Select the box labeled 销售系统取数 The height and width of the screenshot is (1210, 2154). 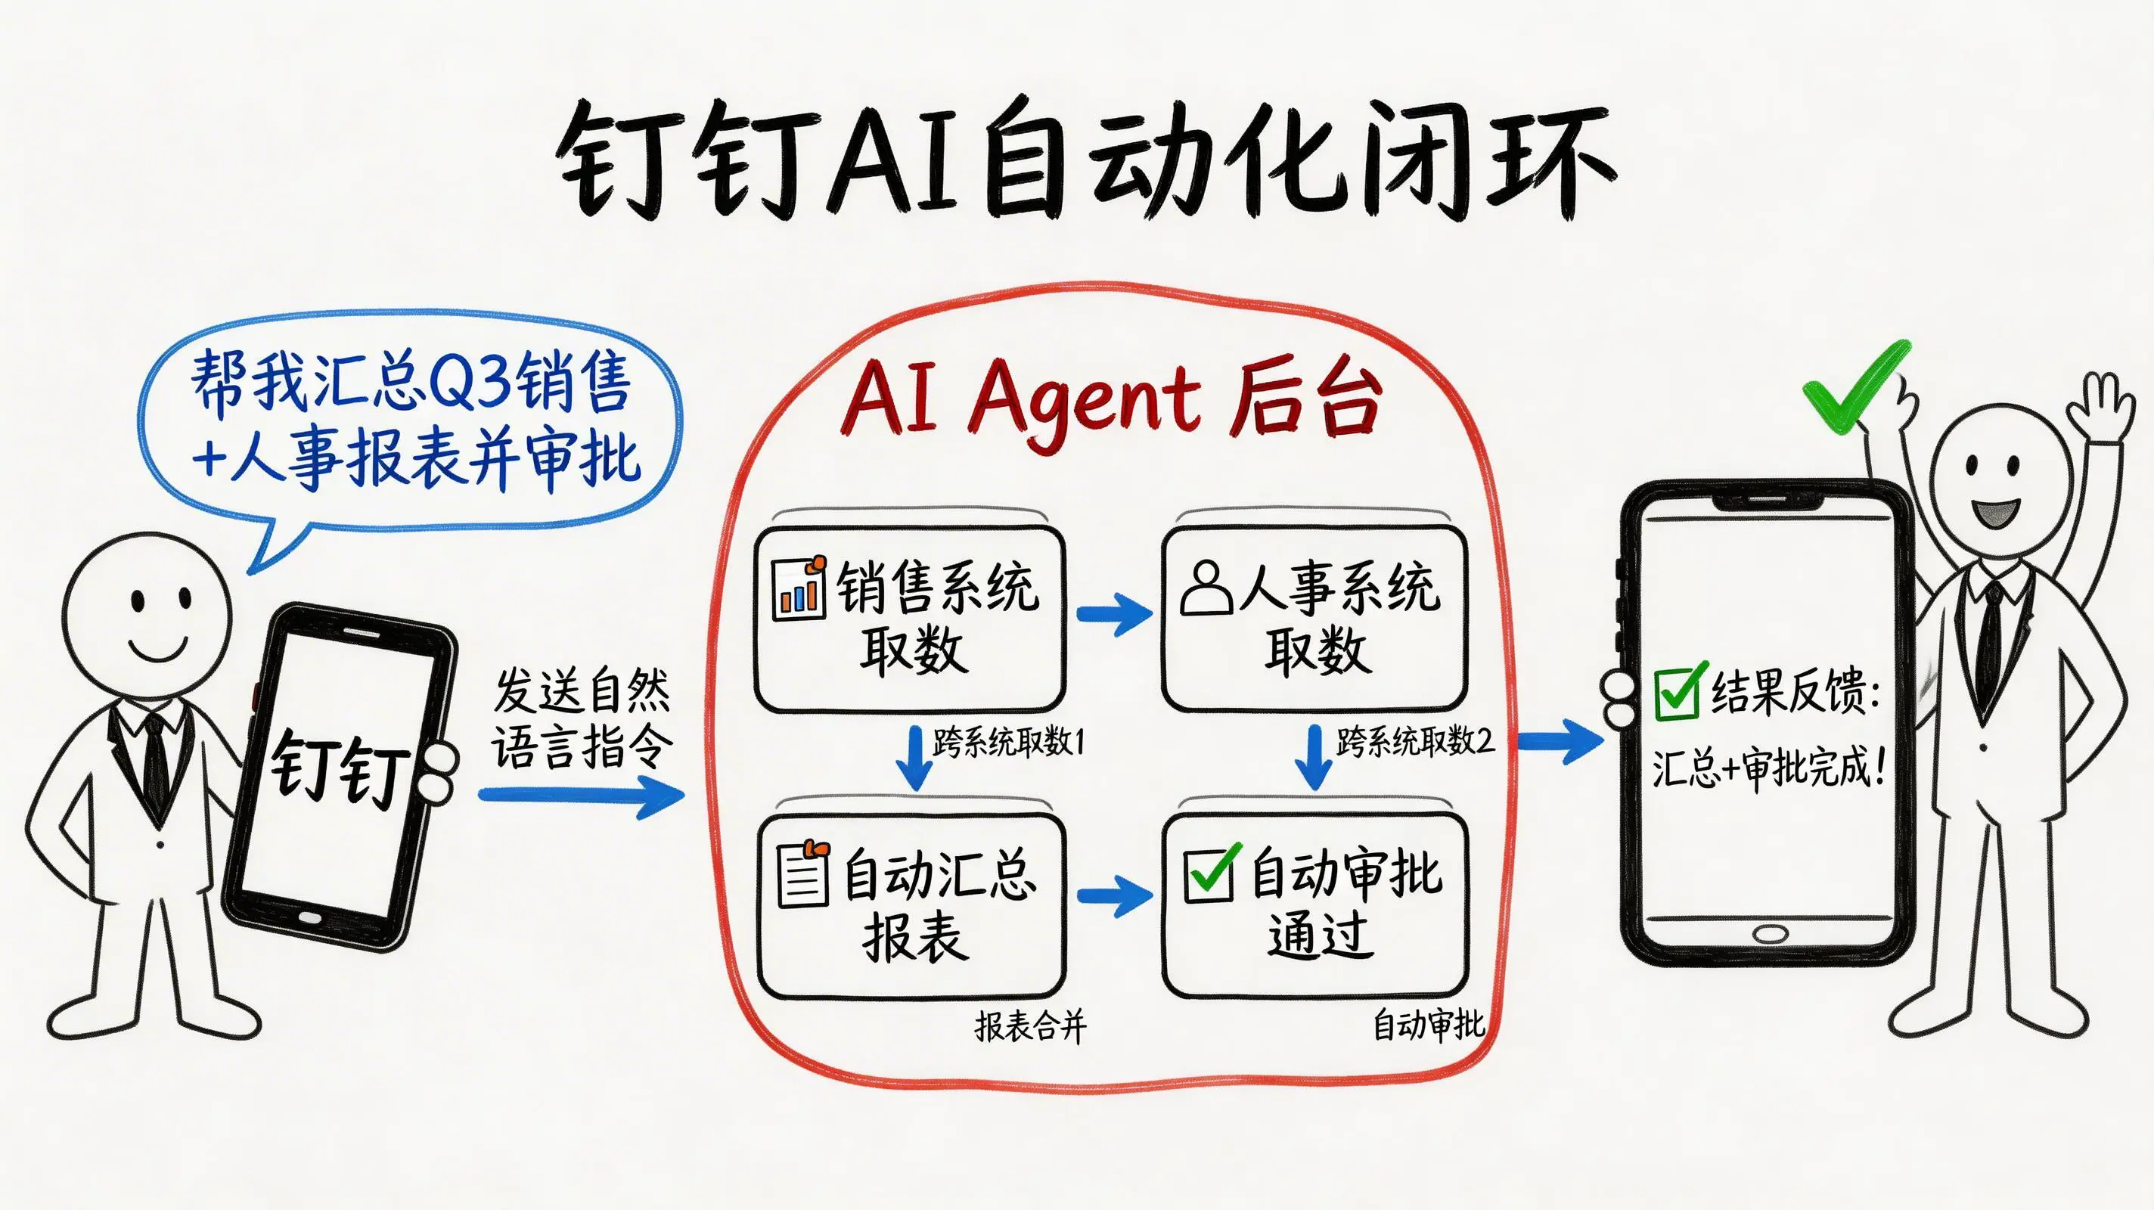pyautogui.click(x=910, y=619)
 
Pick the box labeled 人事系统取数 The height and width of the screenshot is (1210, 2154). pyautogui.click(x=1314, y=619)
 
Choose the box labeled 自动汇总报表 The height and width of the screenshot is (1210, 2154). pyautogui.click(x=911, y=906)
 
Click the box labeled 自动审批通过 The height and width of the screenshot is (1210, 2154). pyautogui.click(x=1315, y=906)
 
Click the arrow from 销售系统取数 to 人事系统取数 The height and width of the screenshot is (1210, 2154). pyautogui.click(x=1114, y=615)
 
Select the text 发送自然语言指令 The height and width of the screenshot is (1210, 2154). pyautogui.click(x=582, y=719)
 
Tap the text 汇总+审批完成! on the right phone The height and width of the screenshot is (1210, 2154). pyautogui.click(x=1768, y=768)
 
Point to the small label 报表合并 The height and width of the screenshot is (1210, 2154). pyautogui.click(x=1030, y=1026)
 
